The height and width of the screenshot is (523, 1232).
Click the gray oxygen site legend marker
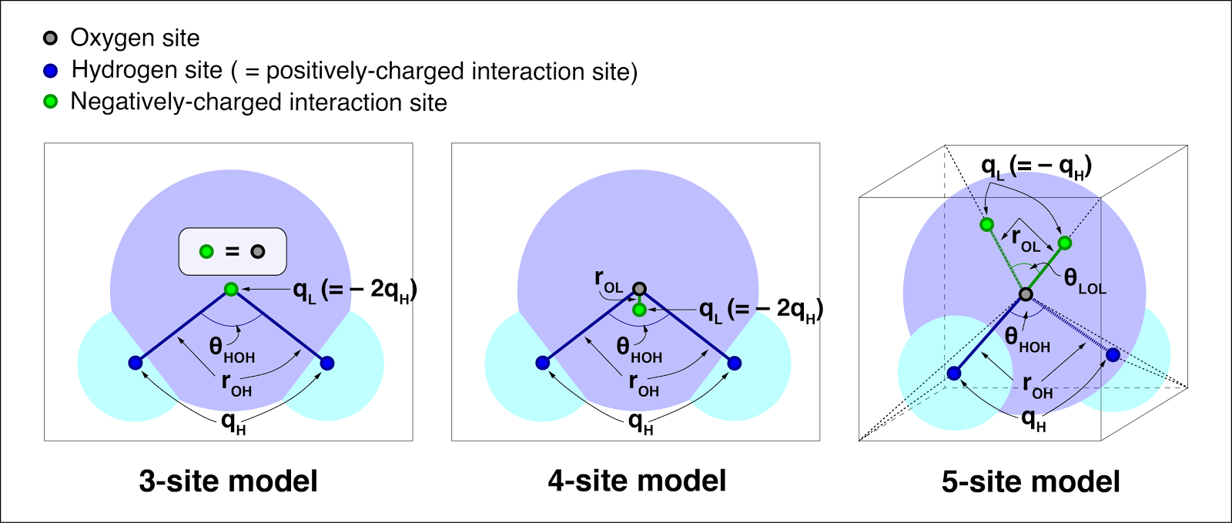click(x=50, y=38)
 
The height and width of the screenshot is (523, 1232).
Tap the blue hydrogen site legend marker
click(x=50, y=70)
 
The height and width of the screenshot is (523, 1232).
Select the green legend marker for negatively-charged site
click(x=50, y=102)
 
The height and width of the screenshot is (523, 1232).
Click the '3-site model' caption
click(x=228, y=481)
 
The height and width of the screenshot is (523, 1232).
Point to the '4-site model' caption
click(x=637, y=481)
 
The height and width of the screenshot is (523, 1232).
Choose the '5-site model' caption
click(x=1031, y=481)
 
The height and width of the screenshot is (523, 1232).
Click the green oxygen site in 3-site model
click(x=232, y=290)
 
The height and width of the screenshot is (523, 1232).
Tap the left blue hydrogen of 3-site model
click(x=136, y=363)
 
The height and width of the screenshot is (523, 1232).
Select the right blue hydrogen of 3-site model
click(x=327, y=363)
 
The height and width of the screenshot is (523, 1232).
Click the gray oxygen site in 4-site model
click(x=639, y=289)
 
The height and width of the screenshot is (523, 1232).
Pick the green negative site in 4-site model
click(x=639, y=310)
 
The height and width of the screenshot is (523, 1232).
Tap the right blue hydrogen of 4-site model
click(x=735, y=363)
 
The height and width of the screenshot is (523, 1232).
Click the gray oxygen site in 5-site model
click(x=1026, y=294)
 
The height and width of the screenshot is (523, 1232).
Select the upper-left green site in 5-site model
click(x=986, y=224)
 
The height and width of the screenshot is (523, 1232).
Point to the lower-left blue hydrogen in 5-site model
click(x=954, y=374)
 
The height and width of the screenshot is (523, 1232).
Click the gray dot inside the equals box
click(x=258, y=252)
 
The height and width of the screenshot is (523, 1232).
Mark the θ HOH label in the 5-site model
click(x=1027, y=340)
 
